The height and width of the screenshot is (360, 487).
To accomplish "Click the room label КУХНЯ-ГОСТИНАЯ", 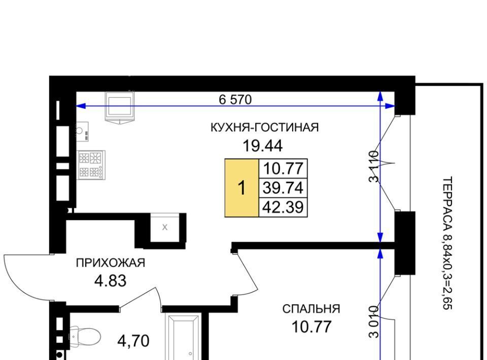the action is [x=265, y=128].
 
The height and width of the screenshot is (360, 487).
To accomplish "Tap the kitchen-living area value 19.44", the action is [x=262, y=146].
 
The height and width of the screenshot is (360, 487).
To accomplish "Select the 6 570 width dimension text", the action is [x=235, y=99].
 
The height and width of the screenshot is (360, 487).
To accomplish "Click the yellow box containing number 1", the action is [x=241, y=188].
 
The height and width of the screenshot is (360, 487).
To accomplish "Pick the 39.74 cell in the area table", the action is [x=283, y=188].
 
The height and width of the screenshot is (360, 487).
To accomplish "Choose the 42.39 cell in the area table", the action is [x=283, y=207].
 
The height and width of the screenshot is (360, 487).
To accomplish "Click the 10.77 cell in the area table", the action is [x=283, y=168].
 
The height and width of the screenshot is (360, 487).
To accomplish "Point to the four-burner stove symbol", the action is [x=91, y=165].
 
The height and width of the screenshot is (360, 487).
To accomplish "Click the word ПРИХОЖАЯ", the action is [x=111, y=263].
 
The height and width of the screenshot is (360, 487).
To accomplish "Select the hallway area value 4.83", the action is [x=111, y=281].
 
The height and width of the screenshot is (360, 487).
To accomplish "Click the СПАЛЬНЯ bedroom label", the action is [x=311, y=309].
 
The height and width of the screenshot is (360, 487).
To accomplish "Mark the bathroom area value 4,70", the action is [x=133, y=341].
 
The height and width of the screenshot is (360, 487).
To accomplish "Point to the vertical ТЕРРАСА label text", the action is [x=446, y=243].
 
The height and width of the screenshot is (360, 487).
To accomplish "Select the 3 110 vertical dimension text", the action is [x=374, y=166].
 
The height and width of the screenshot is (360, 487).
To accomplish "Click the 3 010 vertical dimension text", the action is [x=374, y=322].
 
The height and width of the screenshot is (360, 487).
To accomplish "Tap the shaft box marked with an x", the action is [x=164, y=227].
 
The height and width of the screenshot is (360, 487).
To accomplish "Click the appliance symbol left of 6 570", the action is [x=120, y=107].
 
